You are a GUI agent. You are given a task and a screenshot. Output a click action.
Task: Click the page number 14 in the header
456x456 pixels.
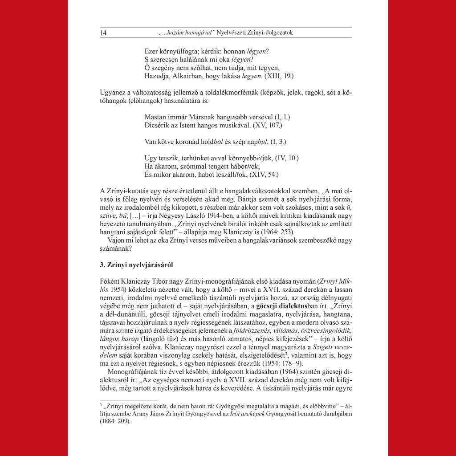pyautogui.click(x=103, y=33)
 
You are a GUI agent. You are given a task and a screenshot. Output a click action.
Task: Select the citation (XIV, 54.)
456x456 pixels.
pyautogui.click(x=266, y=174)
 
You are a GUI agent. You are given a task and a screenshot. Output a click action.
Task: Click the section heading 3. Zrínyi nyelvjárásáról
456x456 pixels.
pyautogui.click(x=136, y=265)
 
